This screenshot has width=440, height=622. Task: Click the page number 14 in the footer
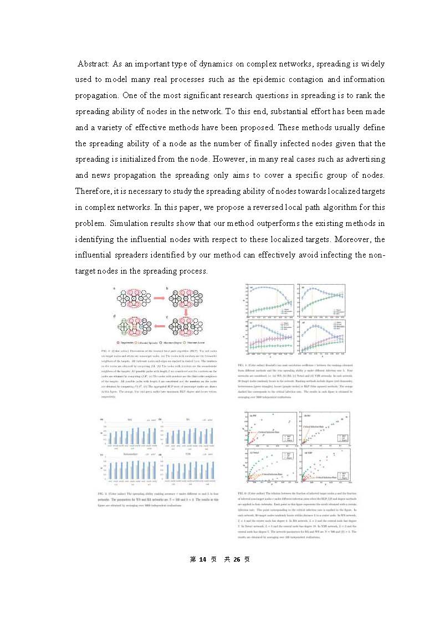211,559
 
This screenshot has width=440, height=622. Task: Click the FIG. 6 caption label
243,507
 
